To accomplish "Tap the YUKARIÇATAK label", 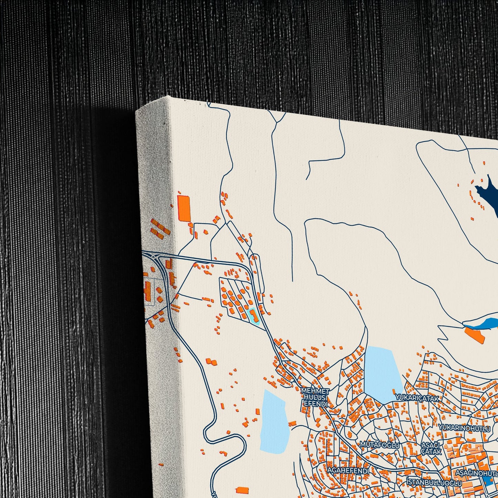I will pyautogui.click(x=417, y=398).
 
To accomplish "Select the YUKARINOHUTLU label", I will pyautogui.click(x=465, y=429).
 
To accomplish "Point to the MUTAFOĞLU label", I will pyautogui.click(x=380, y=445).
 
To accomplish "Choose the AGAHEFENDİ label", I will pyautogui.click(x=348, y=471).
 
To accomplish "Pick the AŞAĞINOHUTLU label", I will pyautogui.click(x=477, y=472).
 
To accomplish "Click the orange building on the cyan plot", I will pyautogui.click(x=253, y=315).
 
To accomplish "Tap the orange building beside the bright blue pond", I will pyautogui.click(x=474, y=335).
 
